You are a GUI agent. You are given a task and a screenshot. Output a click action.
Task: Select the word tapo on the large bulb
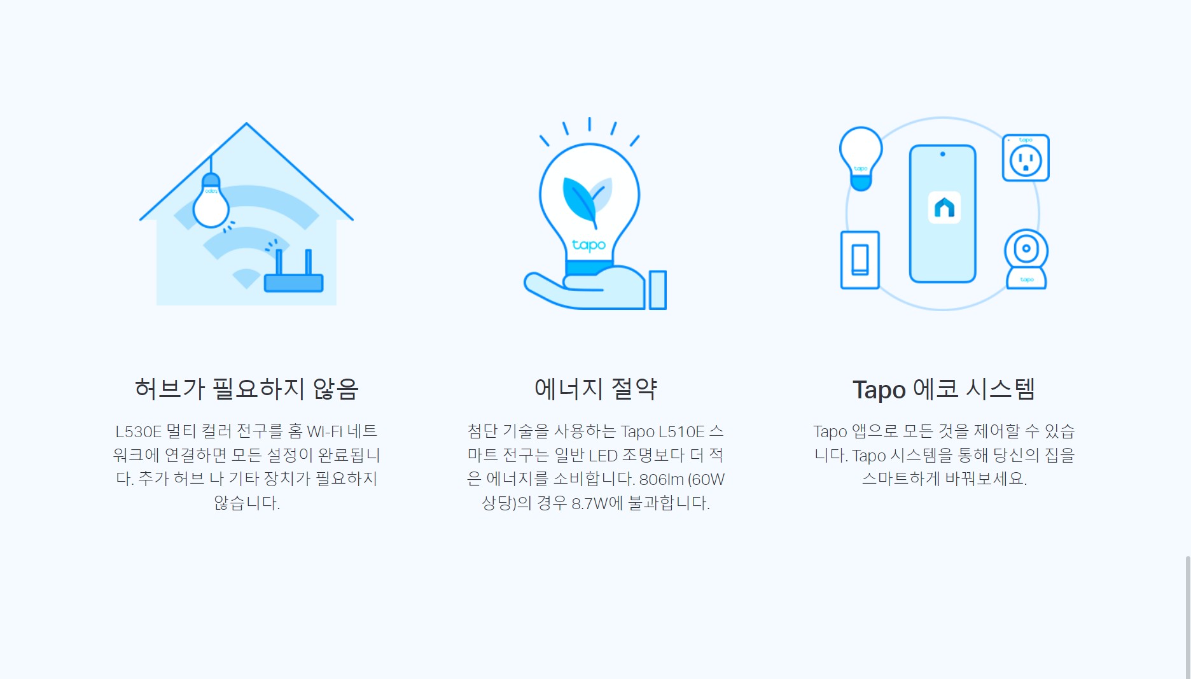coord(589,245)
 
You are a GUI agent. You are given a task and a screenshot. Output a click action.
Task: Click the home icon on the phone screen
coord(944,207)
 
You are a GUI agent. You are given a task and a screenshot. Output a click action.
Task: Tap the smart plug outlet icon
coord(1026,158)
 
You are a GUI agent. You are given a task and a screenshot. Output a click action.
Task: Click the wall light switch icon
coord(860,260)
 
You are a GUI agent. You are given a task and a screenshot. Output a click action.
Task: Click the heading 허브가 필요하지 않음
coord(247,389)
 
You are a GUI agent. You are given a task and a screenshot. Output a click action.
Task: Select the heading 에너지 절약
coord(595,389)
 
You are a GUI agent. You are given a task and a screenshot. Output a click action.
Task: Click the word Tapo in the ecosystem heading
coord(879,389)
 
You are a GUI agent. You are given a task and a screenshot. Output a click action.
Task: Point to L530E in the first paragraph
coord(138,431)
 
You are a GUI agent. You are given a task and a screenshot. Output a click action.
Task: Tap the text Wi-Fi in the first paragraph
coord(324,431)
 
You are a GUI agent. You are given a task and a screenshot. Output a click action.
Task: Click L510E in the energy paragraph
coord(681,431)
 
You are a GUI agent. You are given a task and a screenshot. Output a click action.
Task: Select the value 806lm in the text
coord(661,479)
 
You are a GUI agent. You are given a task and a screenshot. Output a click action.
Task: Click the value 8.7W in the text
coord(590,503)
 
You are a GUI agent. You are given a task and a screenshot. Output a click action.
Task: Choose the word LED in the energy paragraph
coord(603,456)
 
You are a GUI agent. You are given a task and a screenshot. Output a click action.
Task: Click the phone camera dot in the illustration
coord(943,154)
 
